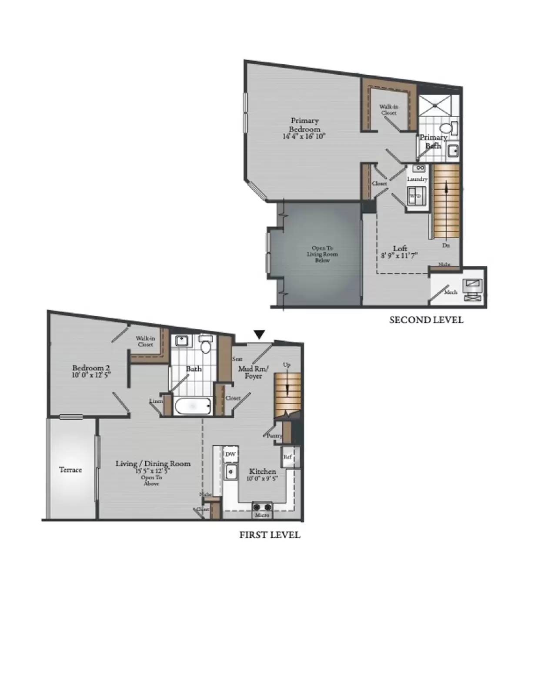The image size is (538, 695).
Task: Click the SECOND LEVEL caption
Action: [x=426, y=320]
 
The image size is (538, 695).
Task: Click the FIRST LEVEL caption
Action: [x=270, y=535]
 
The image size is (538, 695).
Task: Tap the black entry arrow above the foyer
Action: [x=259, y=334]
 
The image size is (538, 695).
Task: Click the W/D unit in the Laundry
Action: [x=415, y=196]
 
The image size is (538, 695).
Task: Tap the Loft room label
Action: [x=400, y=248]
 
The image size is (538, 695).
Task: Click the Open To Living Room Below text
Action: [x=322, y=254]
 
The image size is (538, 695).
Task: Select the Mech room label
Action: [x=451, y=292]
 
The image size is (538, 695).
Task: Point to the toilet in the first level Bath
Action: [x=206, y=344]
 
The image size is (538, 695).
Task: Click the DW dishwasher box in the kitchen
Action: [x=231, y=454]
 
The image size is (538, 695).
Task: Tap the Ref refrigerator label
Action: [x=287, y=457]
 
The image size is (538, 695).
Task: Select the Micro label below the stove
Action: [x=262, y=515]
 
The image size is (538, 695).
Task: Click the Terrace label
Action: [x=70, y=470]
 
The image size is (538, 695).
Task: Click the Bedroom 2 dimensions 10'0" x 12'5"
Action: [x=91, y=375]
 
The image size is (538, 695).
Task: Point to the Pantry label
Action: [x=275, y=436]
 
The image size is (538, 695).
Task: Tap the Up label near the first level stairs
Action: [x=287, y=365]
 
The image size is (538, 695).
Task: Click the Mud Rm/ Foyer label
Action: [x=253, y=372]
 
